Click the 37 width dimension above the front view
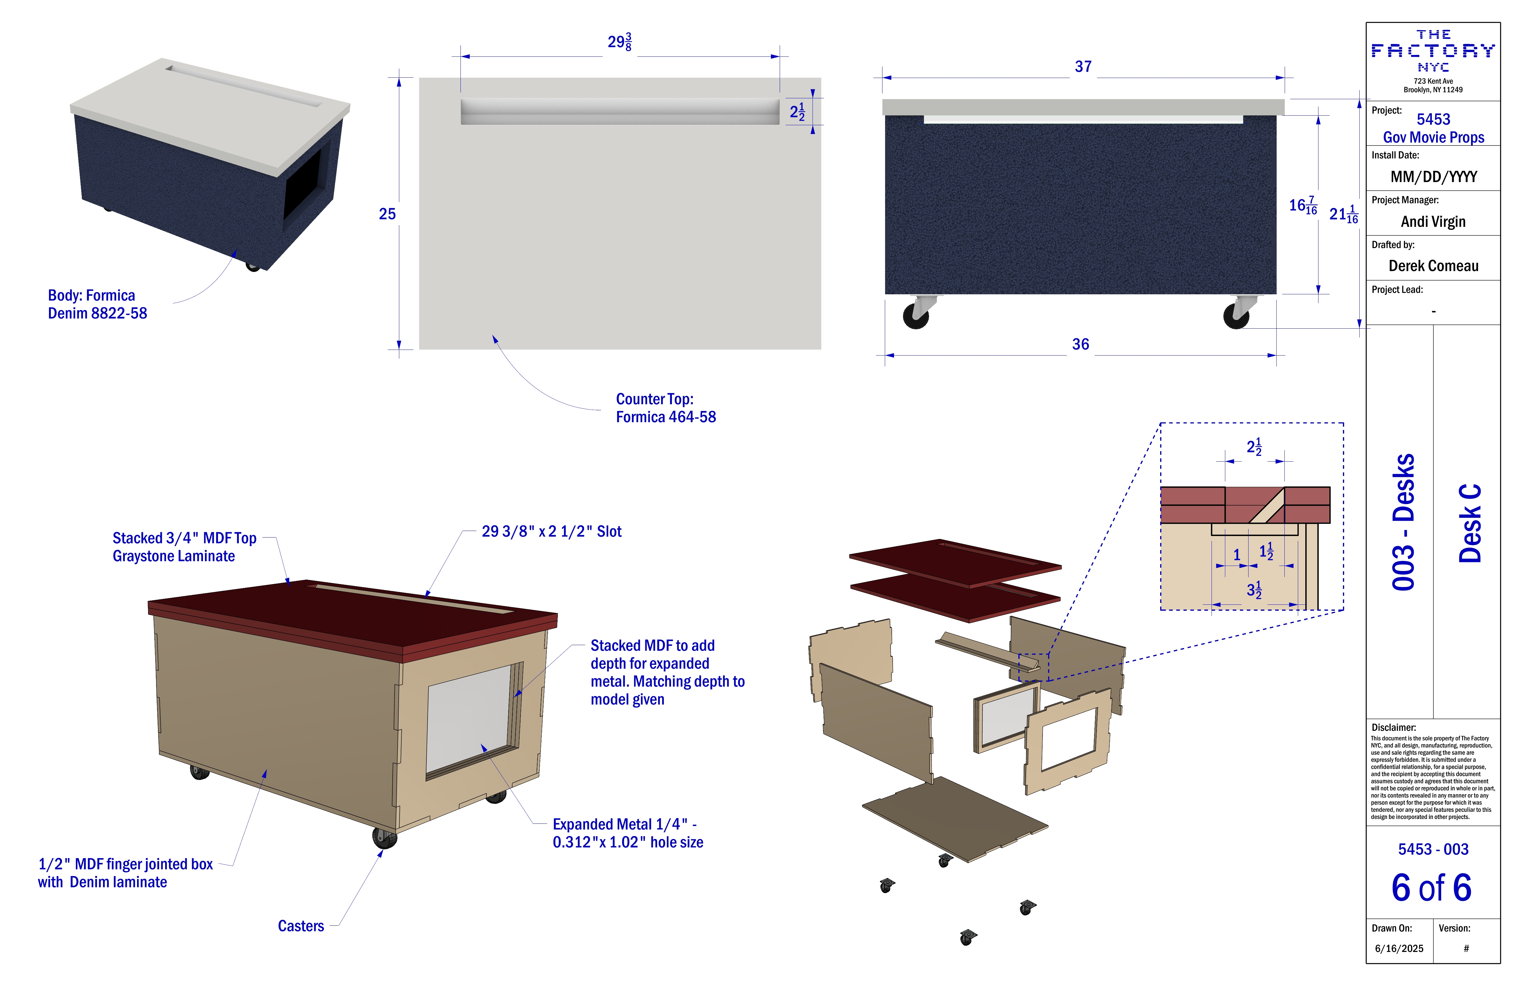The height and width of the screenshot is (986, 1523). pos(1083,67)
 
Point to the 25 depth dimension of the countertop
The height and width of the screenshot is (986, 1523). pos(387,214)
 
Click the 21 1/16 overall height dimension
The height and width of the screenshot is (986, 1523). pos(1343,214)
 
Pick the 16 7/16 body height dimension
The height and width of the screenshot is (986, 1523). pos(1303,206)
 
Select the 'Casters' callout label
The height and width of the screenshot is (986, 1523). pos(301,926)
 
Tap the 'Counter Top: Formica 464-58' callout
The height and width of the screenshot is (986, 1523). pos(666,408)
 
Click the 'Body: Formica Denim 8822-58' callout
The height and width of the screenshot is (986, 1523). pos(97,304)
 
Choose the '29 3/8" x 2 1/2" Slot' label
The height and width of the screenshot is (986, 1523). pos(552,532)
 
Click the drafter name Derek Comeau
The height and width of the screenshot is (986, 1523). pos(1433,266)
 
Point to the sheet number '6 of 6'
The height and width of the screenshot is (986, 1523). pos(1432,887)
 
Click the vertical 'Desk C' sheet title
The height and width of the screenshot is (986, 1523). pos(1470,523)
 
